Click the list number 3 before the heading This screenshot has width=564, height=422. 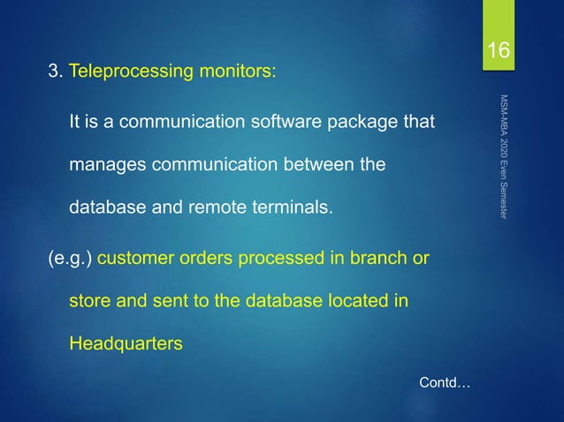tap(53, 71)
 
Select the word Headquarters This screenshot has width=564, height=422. tap(126, 343)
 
